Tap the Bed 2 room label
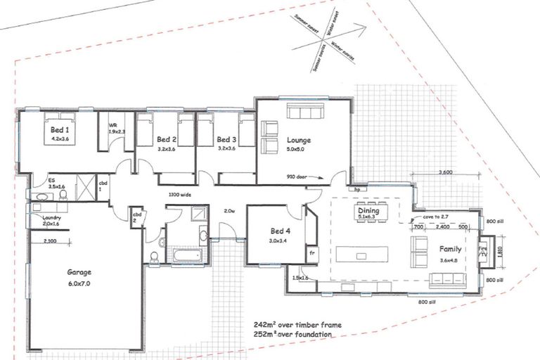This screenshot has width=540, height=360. click(166, 139)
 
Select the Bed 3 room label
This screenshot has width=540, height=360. click(226, 139)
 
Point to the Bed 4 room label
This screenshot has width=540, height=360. click(280, 231)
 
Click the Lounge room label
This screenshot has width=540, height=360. click(299, 140)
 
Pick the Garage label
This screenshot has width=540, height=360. click(79, 273)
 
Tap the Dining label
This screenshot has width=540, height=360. click(368, 210)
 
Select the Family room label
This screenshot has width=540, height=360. click(451, 249)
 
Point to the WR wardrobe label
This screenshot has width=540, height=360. click(112, 127)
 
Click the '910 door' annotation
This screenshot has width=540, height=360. click(300, 177)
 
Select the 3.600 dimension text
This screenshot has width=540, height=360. click(445, 172)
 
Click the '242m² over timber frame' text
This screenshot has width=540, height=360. click(298, 326)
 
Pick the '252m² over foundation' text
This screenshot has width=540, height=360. click(293, 335)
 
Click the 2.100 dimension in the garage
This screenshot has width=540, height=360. click(50, 241)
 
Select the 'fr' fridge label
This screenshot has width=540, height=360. click(311, 252)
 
